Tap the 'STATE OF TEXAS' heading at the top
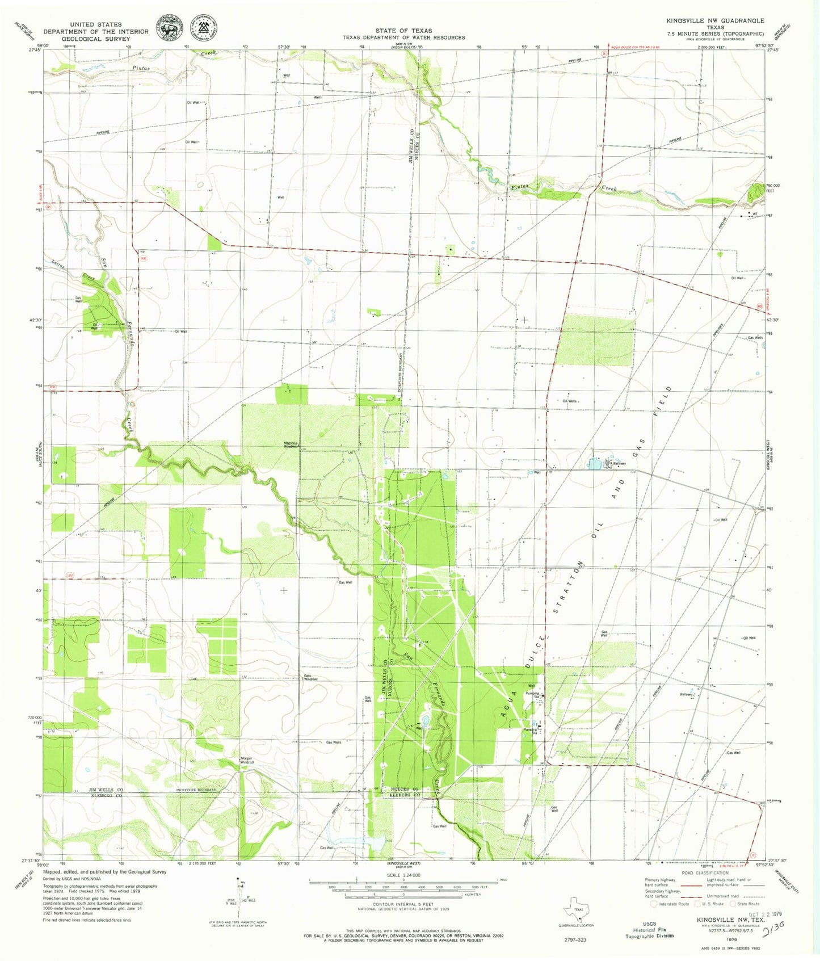(403, 31)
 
